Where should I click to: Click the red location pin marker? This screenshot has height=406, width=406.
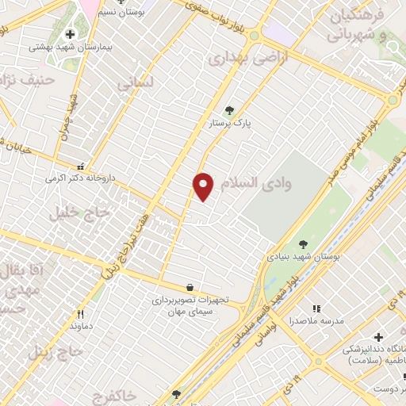pos(204,186)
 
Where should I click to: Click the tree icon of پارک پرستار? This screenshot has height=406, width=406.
pos(230,110)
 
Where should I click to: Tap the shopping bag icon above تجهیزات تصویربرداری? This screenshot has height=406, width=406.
pos(189,287)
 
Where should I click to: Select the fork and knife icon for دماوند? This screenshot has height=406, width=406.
pos(80,314)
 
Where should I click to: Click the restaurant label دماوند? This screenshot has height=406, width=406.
pos(82,326)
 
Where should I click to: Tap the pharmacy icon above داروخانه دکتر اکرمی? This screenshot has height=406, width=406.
pos(80,167)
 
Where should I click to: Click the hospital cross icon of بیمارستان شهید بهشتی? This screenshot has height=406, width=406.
pos(71,34)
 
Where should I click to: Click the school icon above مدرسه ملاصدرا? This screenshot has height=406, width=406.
pos(316,308)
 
